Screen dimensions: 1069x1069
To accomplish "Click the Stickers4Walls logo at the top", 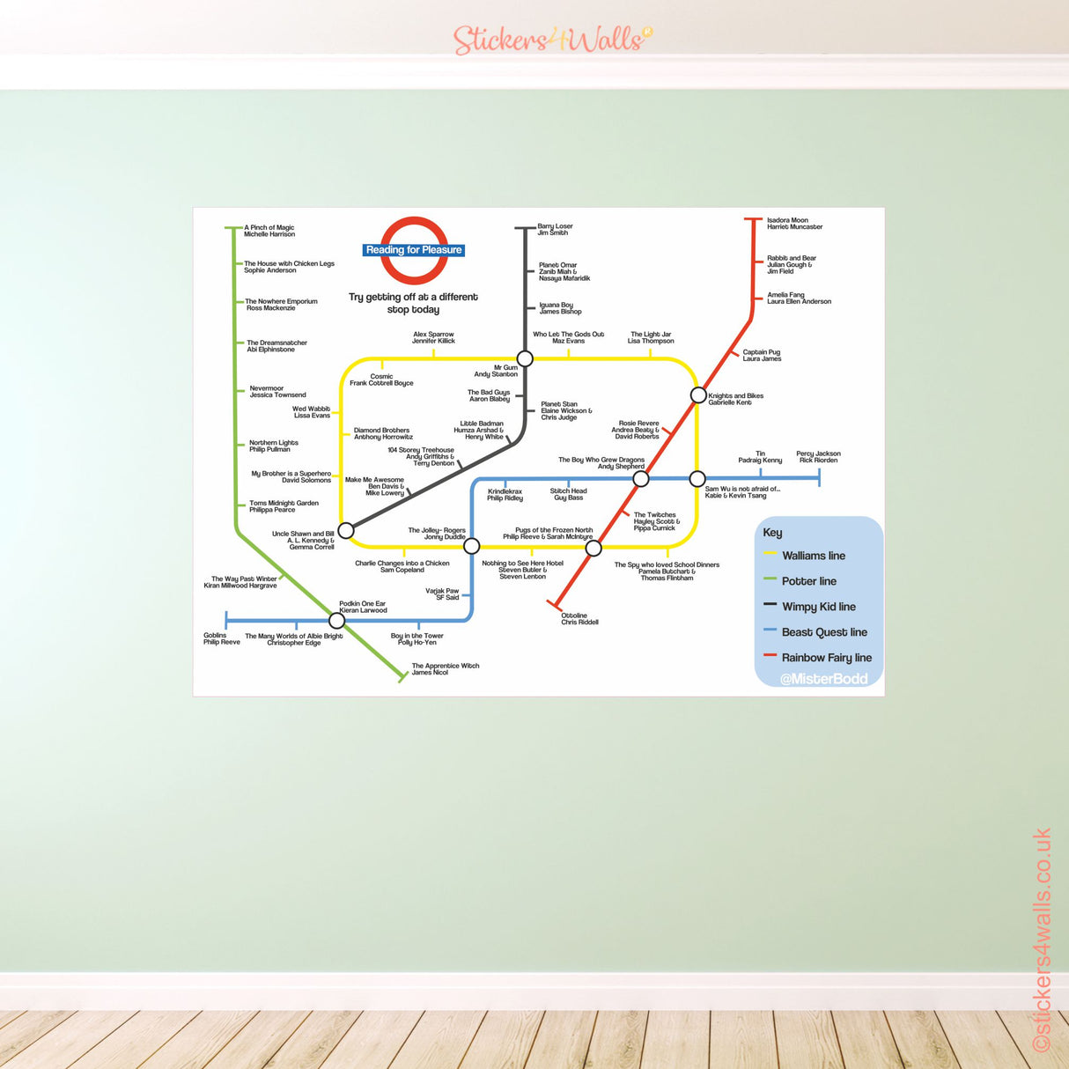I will click(552, 40).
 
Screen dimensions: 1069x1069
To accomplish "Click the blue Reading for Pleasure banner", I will click(414, 250).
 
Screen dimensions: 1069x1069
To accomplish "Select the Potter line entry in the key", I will click(808, 581).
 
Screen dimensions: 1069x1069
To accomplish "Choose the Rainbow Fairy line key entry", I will click(826, 658).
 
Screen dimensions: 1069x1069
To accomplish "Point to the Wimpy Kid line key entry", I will click(818, 607).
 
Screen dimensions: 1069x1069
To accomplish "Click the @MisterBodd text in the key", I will click(823, 679).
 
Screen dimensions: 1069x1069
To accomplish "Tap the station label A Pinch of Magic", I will click(269, 231).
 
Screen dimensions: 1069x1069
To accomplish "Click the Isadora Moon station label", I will click(794, 224).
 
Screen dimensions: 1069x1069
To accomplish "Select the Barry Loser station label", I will click(555, 230).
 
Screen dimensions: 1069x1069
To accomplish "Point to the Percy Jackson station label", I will click(818, 457).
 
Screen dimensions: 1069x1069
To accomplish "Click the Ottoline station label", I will click(579, 619).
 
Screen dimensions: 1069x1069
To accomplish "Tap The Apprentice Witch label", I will click(446, 669).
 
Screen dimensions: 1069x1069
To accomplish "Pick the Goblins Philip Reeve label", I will click(221, 638).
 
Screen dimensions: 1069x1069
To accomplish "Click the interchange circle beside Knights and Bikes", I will click(698, 394).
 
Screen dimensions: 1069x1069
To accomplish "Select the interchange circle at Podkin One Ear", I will click(336, 621).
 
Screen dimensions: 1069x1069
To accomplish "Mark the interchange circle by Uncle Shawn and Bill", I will click(346, 530).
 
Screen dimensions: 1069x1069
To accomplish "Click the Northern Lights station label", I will click(273, 446).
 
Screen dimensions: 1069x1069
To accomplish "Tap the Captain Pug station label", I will click(762, 355).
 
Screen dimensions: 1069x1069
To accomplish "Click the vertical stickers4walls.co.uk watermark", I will click(1042, 938).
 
